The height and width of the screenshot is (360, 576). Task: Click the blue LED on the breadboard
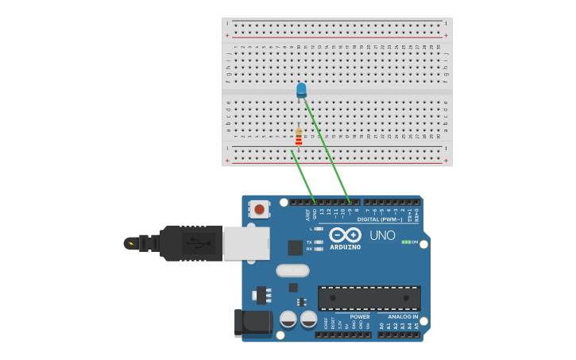[x=301, y=89]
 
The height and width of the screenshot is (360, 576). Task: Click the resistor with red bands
[x=299, y=137]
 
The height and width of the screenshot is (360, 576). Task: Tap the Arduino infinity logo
[x=345, y=235]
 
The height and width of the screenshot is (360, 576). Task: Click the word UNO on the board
[x=382, y=235]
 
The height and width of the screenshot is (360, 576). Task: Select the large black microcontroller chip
[x=369, y=298]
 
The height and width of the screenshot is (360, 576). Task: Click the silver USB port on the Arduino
[x=245, y=243]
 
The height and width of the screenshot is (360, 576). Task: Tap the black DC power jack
[x=252, y=323]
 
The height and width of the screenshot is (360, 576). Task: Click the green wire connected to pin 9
[x=327, y=151]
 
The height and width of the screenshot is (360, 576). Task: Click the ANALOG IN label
[x=403, y=316]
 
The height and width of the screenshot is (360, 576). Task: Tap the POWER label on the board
[x=359, y=316]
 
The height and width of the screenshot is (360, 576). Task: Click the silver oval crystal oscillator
[x=292, y=270]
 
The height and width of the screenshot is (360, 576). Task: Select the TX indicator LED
[x=319, y=242]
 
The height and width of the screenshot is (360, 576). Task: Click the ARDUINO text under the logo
[x=345, y=247]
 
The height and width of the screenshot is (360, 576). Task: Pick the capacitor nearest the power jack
[x=288, y=319]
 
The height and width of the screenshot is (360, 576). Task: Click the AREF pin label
[x=307, y=214]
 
